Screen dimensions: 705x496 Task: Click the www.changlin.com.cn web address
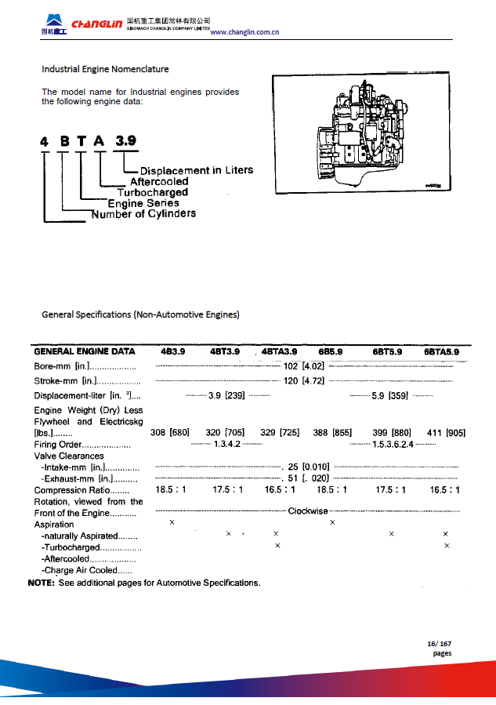coord(245,32)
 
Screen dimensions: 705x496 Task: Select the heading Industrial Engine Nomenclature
coord(105,69)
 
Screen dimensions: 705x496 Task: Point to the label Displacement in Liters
coord(197,170)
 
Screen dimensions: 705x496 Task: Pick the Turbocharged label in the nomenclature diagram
coord(152,192)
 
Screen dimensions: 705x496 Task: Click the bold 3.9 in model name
coord(125,141)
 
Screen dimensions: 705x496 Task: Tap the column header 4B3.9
coord(172,352)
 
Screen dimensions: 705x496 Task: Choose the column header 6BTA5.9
coord(447,352)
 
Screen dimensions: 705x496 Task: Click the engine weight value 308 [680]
coord(169,432)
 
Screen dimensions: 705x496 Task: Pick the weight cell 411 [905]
coord(447,432)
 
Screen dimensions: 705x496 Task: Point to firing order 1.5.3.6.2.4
coord(393,444)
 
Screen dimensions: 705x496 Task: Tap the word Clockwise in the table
coord(308,511)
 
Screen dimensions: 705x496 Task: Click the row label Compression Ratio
coord(76,490)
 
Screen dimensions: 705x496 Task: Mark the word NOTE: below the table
coord(41,583)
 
